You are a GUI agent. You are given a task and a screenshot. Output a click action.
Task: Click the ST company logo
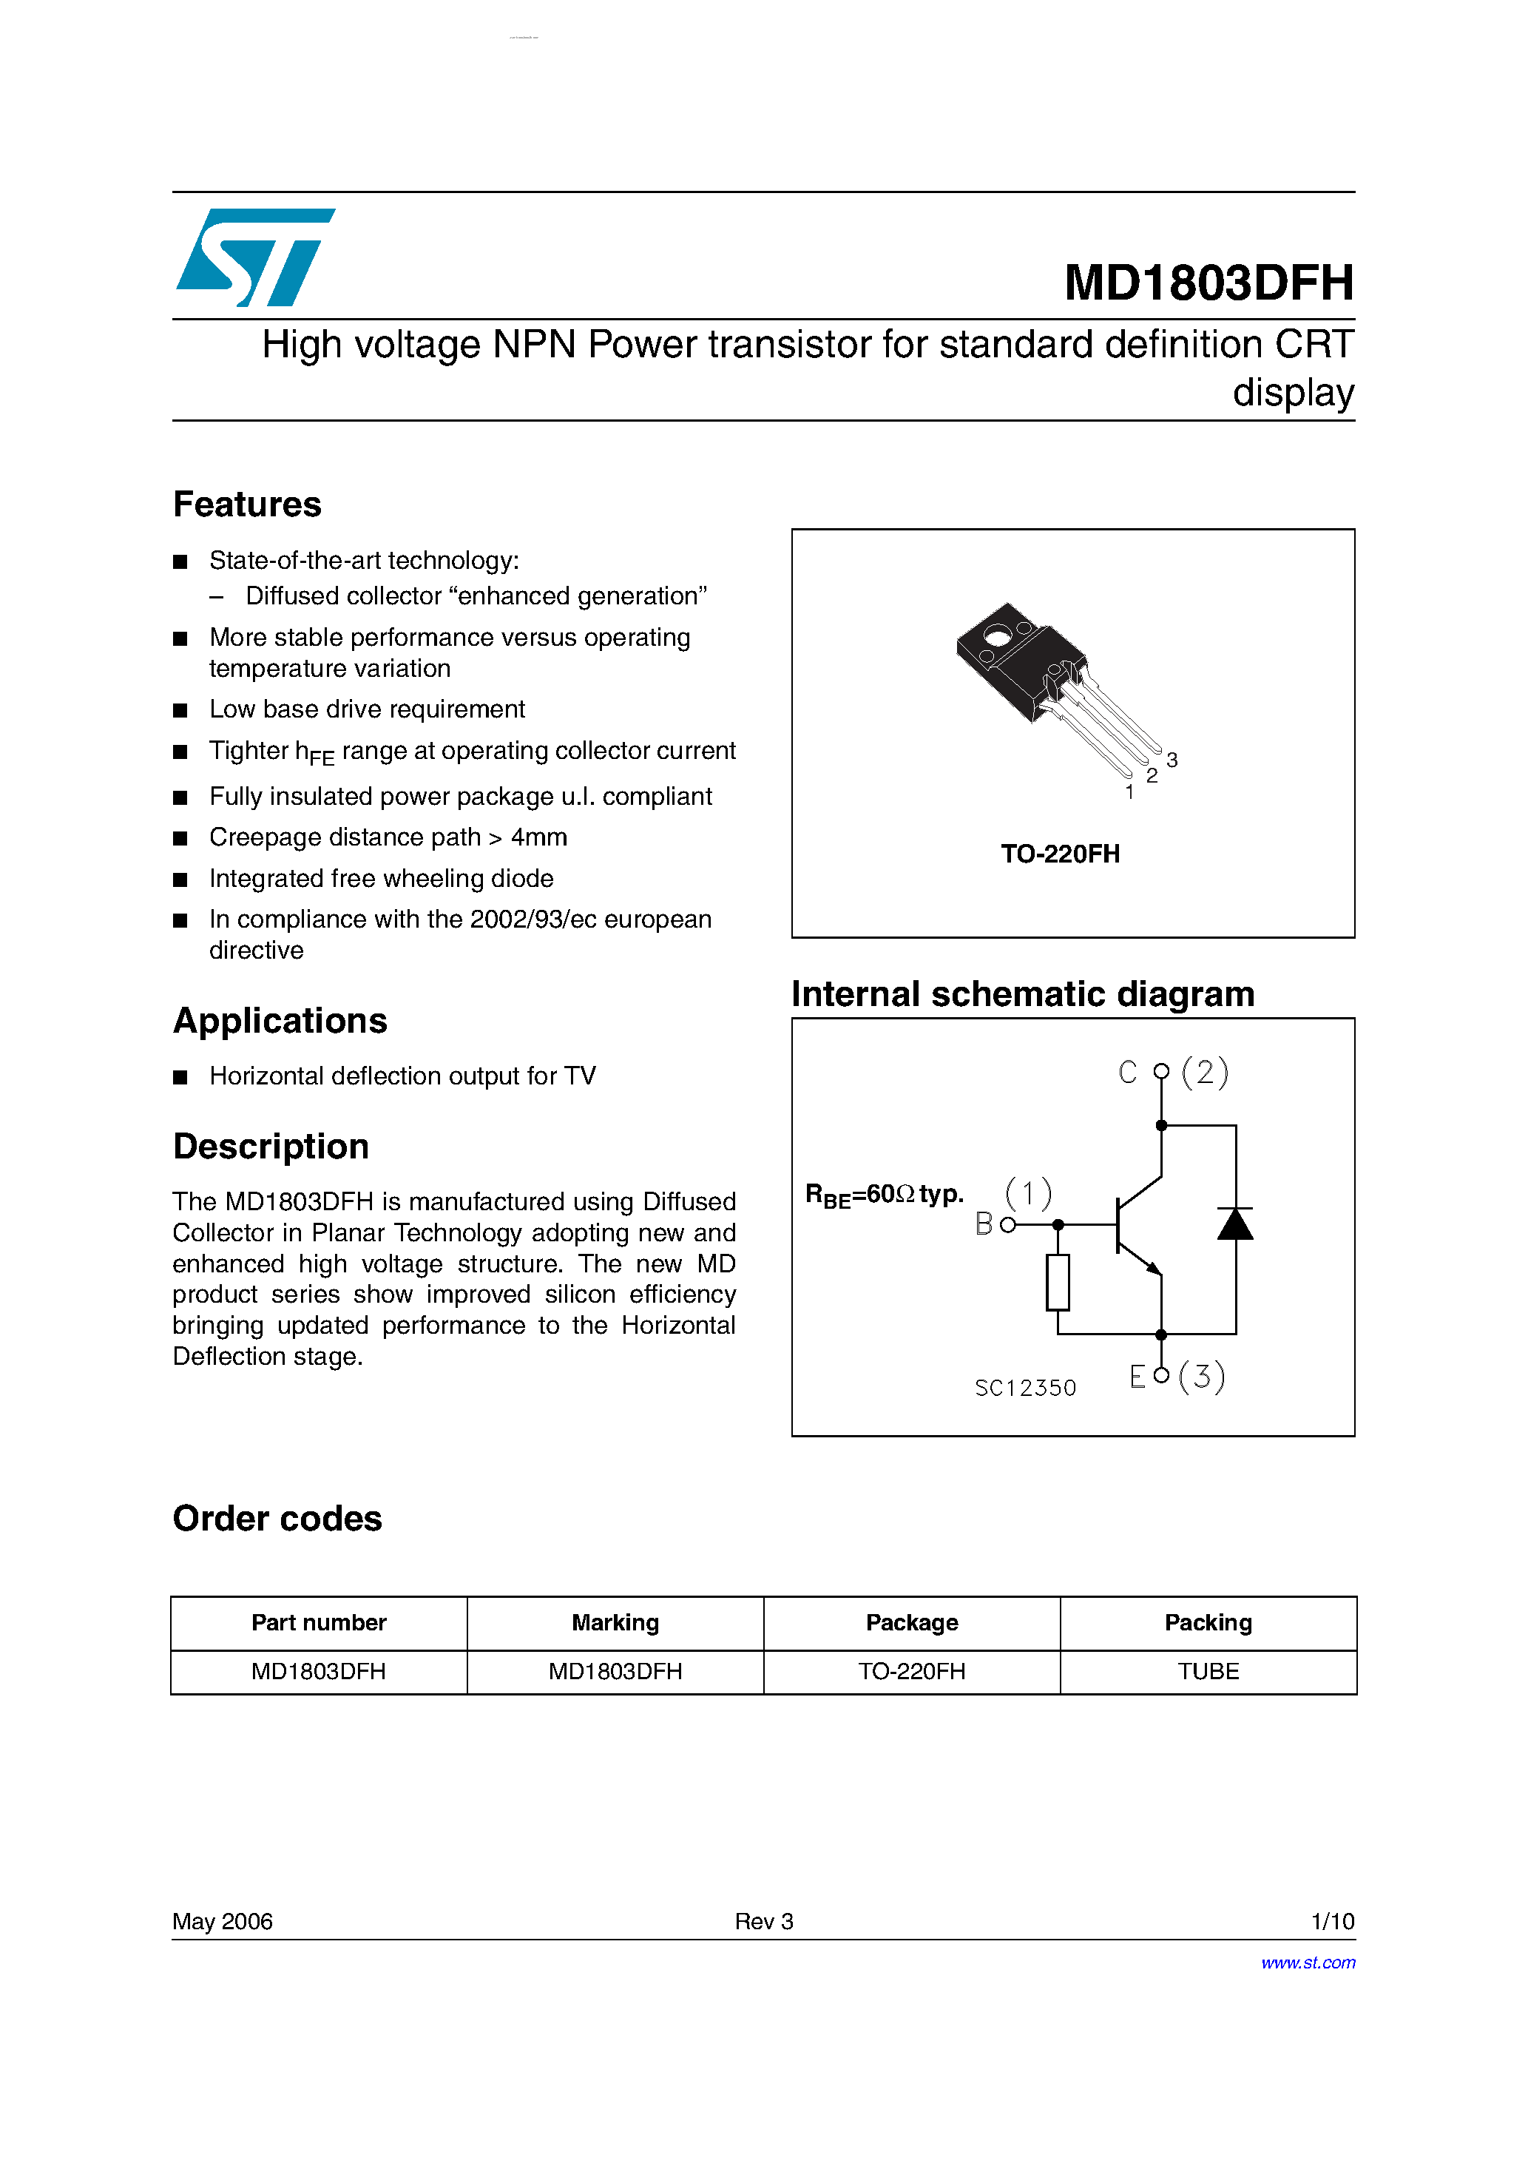[254, 257]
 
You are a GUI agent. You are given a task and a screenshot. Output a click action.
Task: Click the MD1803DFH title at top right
[1208, 283]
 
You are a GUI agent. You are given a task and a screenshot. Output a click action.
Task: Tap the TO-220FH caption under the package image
[1060, 854]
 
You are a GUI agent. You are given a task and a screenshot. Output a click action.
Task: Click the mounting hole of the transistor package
[997, 637]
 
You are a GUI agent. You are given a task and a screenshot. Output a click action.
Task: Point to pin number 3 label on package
[1172, 759]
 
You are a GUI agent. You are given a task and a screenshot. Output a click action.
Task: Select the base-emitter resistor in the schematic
[1058, 1282]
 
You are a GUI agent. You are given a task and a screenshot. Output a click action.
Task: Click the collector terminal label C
[1128, 1072]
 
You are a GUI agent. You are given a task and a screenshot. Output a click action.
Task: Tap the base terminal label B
[984, 1224]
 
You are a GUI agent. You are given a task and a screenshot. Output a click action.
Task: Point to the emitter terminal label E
[1137, 1377]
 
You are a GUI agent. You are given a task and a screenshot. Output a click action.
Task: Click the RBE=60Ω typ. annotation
[884, 1195]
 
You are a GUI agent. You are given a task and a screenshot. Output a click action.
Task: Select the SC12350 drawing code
[1025, 1388]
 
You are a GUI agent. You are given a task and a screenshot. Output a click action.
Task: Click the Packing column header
[1208, 1622]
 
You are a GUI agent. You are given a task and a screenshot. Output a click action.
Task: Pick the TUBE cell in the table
[1208, 1671]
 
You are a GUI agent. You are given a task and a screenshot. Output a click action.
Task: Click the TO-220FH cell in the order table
[911, 1671]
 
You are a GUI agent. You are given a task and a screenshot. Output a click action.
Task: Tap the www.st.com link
[1308, 1963]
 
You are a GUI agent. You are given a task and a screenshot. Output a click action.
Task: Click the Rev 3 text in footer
[764, 1921]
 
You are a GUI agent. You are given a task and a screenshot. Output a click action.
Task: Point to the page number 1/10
[1332, 1921]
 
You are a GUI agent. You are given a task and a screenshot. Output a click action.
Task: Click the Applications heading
[280, 1020]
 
